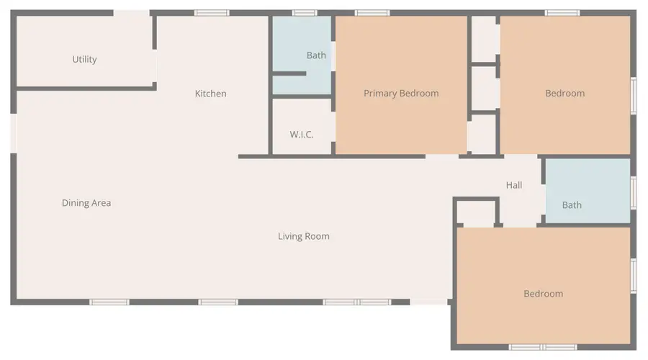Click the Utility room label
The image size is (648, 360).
pos(84,60)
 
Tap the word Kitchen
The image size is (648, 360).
pos(211,94)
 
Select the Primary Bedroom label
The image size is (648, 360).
pos(401,94)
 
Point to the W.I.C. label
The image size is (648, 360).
pos(302,135)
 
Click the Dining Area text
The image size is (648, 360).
pos(86,203)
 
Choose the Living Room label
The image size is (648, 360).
pos(304,236)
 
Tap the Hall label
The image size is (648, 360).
pos(514,185)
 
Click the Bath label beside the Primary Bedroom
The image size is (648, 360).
pos(316,55)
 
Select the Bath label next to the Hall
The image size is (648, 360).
pos(572,205)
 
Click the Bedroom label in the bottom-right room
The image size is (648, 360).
pos(543,294)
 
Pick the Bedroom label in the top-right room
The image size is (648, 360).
pos(564,94)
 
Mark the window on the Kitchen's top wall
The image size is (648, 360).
pos(212,13)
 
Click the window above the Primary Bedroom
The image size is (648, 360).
pos(372,13)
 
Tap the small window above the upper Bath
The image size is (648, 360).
pos(305,13)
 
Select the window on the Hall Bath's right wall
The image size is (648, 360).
pos(634,192)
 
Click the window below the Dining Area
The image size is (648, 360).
pos(109,302)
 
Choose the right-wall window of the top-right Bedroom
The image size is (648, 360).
pos(634,96)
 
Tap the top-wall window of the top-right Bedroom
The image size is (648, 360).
pos(562,13)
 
